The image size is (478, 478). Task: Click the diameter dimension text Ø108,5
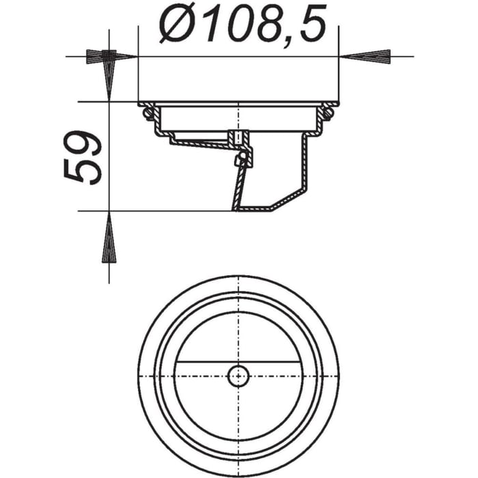(239, 26)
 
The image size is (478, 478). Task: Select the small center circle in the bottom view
(238, 375)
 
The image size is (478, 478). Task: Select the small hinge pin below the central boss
(238, 161)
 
